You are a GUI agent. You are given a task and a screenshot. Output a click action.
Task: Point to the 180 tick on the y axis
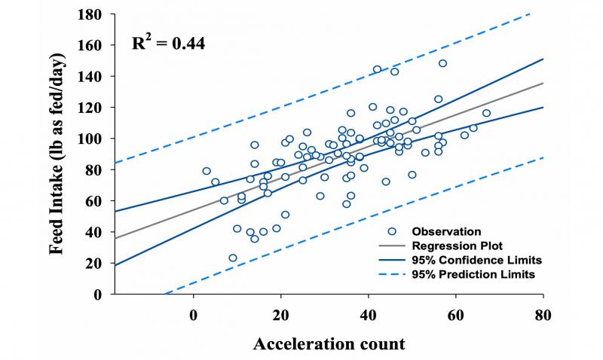click(x=95, y=14)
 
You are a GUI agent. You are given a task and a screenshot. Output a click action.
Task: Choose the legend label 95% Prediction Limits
click(x=465, y=275)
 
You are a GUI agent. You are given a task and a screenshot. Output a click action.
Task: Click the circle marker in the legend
click(x=392, y=230)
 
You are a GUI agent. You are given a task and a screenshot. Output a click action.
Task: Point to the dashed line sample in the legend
click(x=391, y=275)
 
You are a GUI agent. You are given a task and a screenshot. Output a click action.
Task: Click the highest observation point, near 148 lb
click(x=442, y=63)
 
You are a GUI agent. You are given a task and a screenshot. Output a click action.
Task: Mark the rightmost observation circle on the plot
click(x=486, y=113)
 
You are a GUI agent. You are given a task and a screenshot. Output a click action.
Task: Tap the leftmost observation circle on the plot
click(x=207, y=171)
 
